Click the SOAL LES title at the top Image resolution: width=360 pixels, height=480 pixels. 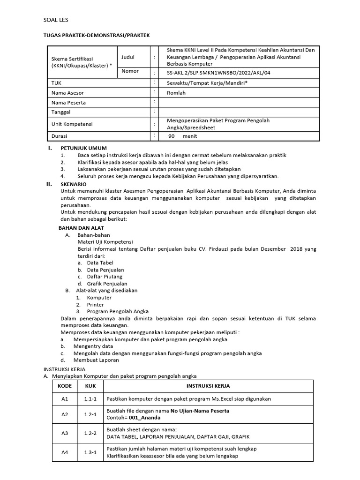[x=55, y=20]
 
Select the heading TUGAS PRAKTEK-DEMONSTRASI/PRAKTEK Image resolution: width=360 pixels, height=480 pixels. [x=97, y=35]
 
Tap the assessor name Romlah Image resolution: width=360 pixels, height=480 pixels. [x=177, y=93]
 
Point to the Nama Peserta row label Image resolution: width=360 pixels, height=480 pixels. [x=68, y=103]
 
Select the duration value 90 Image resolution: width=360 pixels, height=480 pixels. [x=172, y=136]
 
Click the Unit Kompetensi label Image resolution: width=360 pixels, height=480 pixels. [x=72, y=124]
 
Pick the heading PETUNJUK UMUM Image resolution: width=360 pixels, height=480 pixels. [x=84, y=148]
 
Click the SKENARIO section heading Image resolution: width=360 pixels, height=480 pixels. [x=74, y=184]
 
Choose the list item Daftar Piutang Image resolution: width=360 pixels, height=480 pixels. [x=105, y=277]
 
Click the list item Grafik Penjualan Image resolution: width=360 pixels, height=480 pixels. [x=107, y=284]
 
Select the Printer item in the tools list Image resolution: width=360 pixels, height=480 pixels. [x=96, y=305]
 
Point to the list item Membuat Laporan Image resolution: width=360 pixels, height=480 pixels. [x=96, y=360]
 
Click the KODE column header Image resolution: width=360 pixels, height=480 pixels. [x=65, y=386]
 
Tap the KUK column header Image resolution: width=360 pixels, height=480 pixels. [x=90, y=386]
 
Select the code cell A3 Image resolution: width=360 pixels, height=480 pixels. [x=65, y=433]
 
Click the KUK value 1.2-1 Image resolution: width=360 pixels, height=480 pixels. [x=90, y=414]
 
